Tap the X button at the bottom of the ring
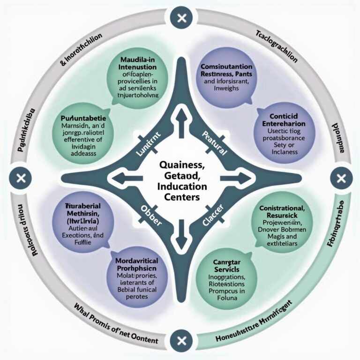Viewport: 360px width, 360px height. click(x=181, y=338)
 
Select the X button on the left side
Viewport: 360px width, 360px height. click(x=20, y=179)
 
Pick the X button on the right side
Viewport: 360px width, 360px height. click(x=340, y=179)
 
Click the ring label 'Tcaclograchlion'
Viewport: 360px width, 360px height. click(x=277, y=47)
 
